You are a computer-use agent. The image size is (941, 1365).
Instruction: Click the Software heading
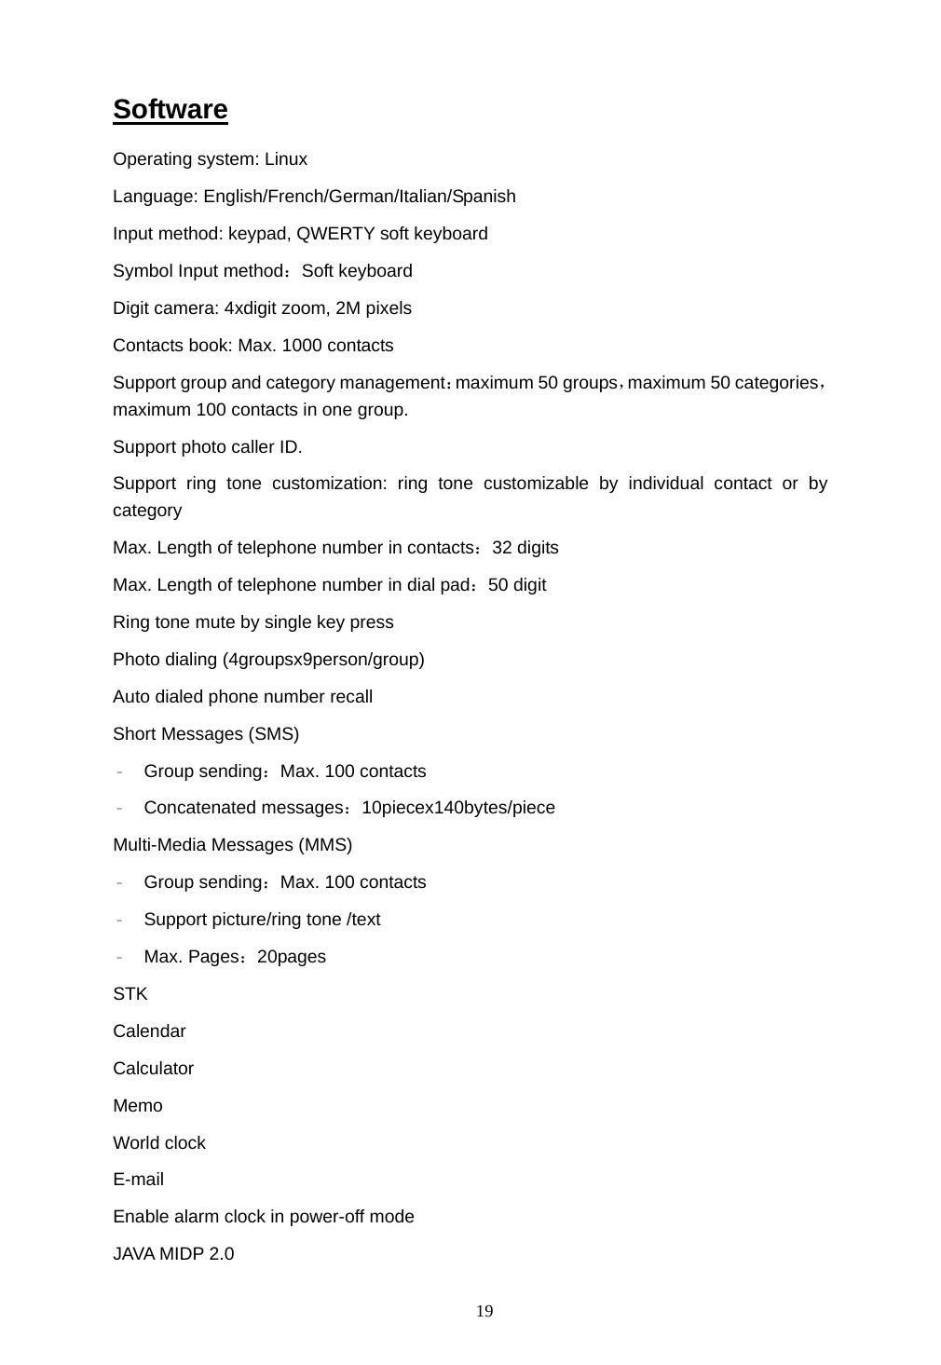click(170, 110)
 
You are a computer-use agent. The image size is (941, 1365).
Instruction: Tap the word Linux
click(285, 159)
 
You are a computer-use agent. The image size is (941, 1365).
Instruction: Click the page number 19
click(484, 1312)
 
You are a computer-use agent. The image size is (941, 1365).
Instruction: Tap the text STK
click(130, 994)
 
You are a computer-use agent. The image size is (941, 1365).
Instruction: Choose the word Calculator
click(153, 1069)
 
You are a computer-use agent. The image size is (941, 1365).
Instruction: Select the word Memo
click(137, 1106)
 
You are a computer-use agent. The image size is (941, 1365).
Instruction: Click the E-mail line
click(138, 1180)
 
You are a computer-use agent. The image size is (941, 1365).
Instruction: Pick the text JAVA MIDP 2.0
click(173, 1254)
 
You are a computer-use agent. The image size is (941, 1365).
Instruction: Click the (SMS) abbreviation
click(273, 734)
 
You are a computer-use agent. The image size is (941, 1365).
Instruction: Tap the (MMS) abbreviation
click(325, 845)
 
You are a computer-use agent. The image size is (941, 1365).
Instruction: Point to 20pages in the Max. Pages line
click(291, 957)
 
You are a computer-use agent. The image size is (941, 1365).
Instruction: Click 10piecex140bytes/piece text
click(457, 808)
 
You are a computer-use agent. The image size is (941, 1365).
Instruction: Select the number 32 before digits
click(501, 548)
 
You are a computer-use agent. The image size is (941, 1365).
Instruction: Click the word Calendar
click(149, 1031)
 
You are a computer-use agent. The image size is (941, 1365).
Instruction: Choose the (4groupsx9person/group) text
click(323, 660)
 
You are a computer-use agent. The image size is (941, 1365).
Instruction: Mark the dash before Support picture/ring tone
click(121, 921)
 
